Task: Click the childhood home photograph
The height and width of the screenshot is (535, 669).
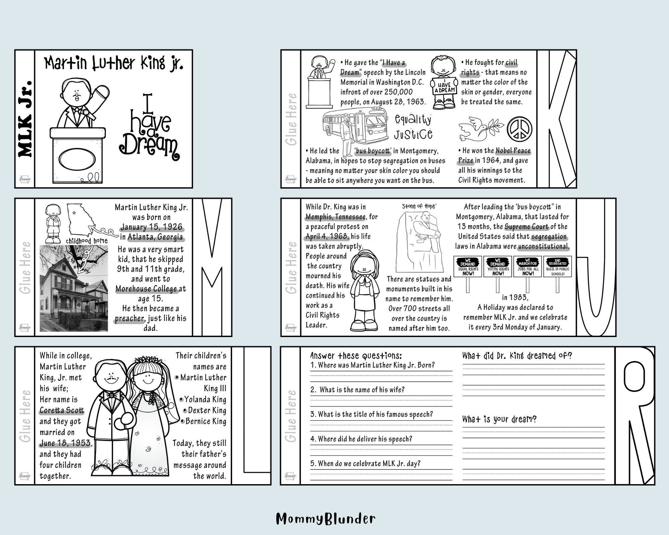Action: click(74, 288)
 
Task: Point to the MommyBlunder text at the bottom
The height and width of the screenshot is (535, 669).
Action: click(325, 519)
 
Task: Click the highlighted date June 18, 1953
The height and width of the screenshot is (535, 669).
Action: click(65, 443)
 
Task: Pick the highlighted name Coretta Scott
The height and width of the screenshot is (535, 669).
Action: click(62, 410)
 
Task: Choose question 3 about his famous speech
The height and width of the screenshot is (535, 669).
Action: click(371, 414)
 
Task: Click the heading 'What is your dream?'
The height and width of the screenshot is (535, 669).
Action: click(499, 419)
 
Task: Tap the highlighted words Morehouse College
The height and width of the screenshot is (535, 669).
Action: click(147, 289)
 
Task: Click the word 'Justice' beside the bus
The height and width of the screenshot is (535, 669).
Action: click(413, 134)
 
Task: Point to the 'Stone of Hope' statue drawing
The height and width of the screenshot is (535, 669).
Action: click(420, 241)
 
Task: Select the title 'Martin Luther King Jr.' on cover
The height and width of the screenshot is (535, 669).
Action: click(114, 63)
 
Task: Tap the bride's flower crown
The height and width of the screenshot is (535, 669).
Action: click(146, 360)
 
